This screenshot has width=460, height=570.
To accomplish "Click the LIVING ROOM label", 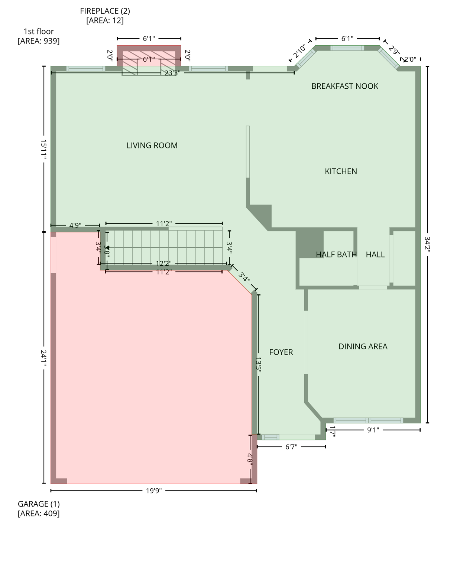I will pyautogui.click(x=152, y=145).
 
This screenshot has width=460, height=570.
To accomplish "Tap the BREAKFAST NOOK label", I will pyautogui.click(x=344, y=86).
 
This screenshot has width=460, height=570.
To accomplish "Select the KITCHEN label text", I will pyautogui.click(x=341, y=171).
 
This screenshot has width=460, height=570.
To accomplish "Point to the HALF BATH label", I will pyautogui.click(x=336, y=255).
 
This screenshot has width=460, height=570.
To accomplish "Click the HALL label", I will pyautogui.click(x=375, y=255).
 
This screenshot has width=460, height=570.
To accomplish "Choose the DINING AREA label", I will pyautogui.click(x=363, y=347).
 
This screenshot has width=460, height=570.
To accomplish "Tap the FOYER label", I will pyautogui.click(x=281, y=352).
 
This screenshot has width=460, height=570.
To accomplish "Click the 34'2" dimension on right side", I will pyautogui.click(x=427, y=245).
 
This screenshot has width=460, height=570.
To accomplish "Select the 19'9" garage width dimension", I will pyautogui.click(x=153, y=491).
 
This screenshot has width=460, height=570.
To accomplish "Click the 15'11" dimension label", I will pyautogui.click(x=43, y=150).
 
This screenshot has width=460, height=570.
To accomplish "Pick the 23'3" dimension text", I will pyautogui.click(x=172, y=73).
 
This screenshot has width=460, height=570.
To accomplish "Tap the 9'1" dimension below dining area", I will pyautogui.click(x=373, y=430).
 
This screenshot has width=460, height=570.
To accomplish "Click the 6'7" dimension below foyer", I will pyautogui.click(x=291, y=447).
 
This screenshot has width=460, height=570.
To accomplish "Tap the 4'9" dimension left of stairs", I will pyautogui.click(x=75, y=225).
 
